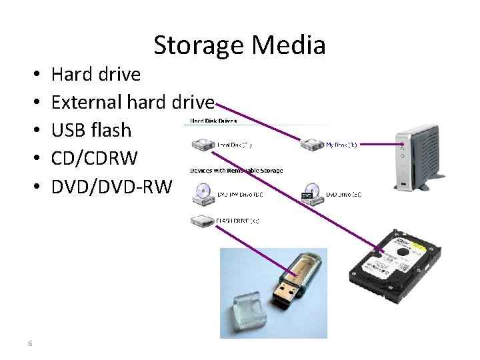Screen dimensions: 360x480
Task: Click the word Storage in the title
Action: tap(198, 46)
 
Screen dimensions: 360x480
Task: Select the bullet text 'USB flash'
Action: tap(91, 130)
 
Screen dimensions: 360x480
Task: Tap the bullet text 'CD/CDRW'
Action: tap(94, 159)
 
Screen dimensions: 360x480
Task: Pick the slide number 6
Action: tap(31, 343)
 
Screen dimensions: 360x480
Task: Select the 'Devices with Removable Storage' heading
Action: tap(236, 171)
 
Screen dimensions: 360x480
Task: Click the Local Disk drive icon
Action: tap(201, 145)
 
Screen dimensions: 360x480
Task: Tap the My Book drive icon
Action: tap(311, 145)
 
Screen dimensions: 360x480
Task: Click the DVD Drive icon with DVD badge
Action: tap(311, 193)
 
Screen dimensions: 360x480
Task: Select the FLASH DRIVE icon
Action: tap(201, 221)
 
